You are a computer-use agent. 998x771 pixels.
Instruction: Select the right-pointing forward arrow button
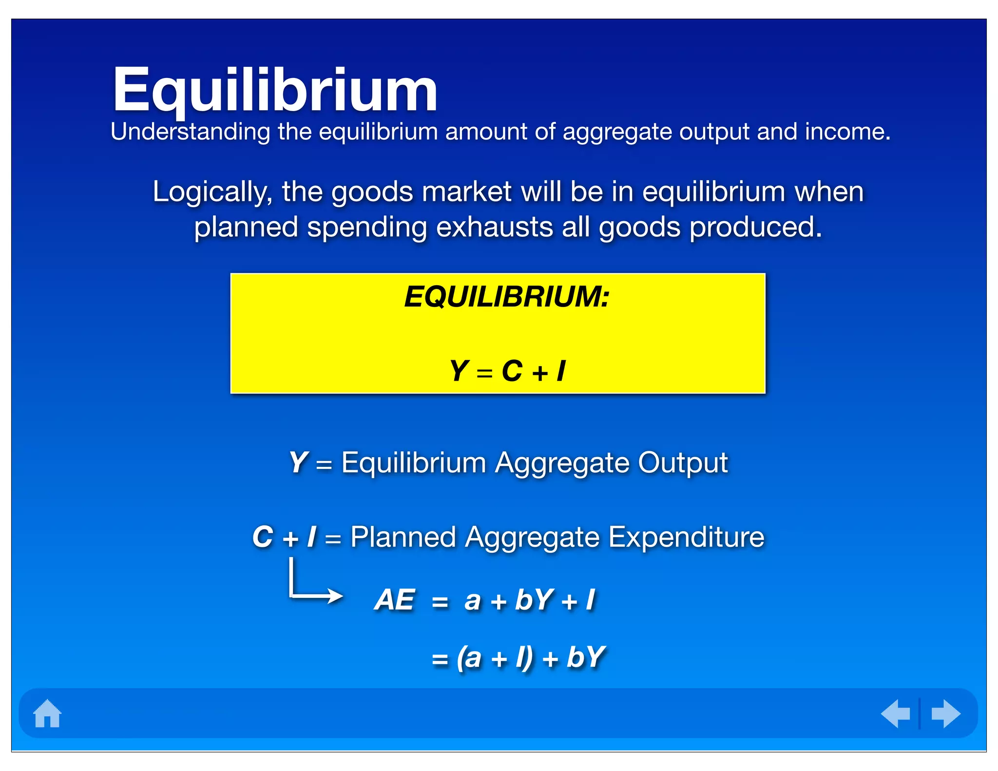(x=945, y=713)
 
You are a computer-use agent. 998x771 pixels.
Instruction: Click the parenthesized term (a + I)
(x=495, y=657)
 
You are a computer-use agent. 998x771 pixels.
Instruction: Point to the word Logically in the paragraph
(x=212, y=192)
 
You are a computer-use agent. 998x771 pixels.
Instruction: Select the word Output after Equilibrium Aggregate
(x=683, y=463)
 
